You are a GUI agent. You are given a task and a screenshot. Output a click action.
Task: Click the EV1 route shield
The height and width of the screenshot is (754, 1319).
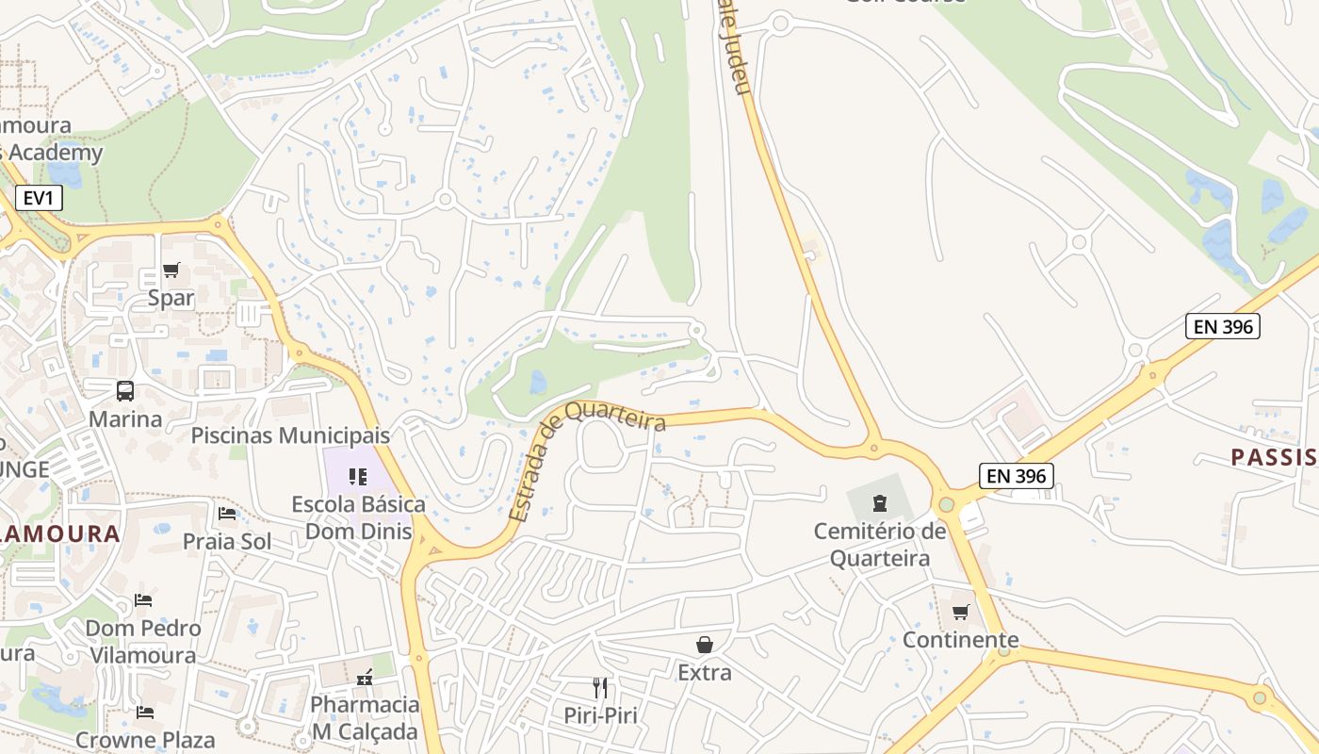click(39, 197)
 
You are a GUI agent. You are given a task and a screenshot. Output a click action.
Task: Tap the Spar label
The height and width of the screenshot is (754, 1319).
click(171, 299)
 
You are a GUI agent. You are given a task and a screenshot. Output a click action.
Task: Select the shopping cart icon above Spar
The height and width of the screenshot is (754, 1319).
click(171, 270)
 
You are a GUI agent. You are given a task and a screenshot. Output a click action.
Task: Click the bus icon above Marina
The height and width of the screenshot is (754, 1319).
click(124, 390)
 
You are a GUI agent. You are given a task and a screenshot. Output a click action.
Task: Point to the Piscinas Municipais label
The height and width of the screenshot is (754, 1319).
click(290, 435)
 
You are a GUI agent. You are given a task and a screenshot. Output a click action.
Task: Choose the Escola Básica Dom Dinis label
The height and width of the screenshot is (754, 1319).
click(358, 517)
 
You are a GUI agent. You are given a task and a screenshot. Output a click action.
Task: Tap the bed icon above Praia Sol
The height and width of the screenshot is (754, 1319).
click(227, 514)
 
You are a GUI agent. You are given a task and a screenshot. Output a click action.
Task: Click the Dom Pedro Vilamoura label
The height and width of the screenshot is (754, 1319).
click(143, 642)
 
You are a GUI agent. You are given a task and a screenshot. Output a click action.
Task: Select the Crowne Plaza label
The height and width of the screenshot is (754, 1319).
click(145, 740)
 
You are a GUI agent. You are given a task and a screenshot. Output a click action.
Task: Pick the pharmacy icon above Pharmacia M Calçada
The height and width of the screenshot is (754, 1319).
click(365, 678)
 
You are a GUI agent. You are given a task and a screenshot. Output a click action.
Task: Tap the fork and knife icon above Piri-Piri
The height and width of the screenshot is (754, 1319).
click(600, 687)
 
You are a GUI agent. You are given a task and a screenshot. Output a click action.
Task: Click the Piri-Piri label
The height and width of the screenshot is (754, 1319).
click(600, 715)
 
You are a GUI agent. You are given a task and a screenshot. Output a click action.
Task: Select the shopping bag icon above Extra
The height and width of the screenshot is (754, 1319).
click(704, 645)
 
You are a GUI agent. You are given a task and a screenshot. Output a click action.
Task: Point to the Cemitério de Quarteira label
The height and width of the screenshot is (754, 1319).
click(880, 545)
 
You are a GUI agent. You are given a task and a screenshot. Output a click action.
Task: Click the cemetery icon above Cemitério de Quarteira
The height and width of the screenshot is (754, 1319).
click(880, 502)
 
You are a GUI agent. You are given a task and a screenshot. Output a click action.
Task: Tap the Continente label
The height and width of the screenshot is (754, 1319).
click(961, 640)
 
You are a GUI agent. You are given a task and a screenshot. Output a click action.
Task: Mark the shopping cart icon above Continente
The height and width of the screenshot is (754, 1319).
click(961, 613)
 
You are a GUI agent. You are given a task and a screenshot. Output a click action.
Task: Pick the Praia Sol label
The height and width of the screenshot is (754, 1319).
click(227, 542)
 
